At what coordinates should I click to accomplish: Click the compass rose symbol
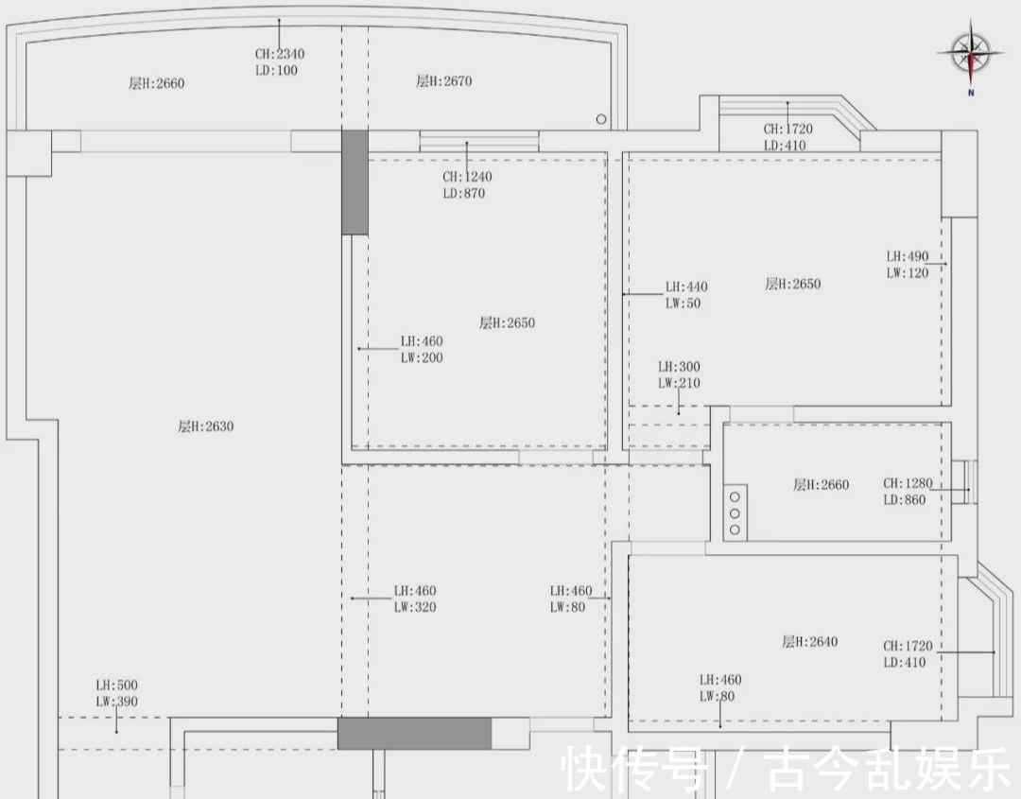971,53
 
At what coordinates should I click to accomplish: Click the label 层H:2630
206,426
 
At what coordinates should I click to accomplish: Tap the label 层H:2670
444,81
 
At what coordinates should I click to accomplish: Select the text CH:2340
280,54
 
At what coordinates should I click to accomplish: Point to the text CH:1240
468,177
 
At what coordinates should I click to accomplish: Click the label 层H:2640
810,641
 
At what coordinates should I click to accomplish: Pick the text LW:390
117,702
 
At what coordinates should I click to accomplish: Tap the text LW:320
415,607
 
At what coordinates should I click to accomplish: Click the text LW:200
422,357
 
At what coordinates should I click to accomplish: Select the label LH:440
686,287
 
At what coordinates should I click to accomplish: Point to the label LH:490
908,256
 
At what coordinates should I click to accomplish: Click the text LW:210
679,383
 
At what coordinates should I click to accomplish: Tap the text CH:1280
908,483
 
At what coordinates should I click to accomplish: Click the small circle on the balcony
601,119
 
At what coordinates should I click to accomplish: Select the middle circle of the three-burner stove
735,513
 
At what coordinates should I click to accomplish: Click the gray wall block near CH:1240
355,182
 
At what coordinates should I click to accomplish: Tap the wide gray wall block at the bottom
414,734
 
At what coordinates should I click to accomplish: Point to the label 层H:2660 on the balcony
156,83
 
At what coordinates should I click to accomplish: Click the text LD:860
905,500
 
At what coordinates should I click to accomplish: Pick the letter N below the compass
971,93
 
